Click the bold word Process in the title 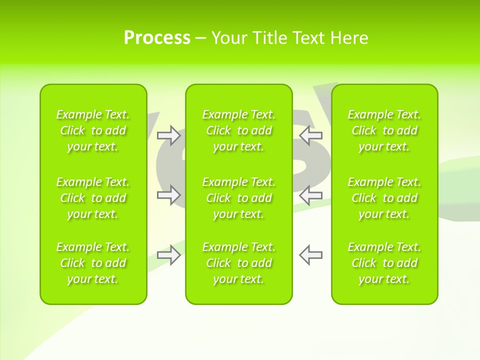157,38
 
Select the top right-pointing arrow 168,135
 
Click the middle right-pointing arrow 168,194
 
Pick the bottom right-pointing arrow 168,254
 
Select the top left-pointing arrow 311,135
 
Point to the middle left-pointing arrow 311,194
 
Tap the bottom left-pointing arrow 311,254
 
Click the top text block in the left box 93,130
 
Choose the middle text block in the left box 93,198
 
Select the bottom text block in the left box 93,263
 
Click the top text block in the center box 238,130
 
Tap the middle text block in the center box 238,198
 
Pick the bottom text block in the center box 238,263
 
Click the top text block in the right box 384,130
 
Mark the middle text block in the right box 384,198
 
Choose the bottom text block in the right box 384,263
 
